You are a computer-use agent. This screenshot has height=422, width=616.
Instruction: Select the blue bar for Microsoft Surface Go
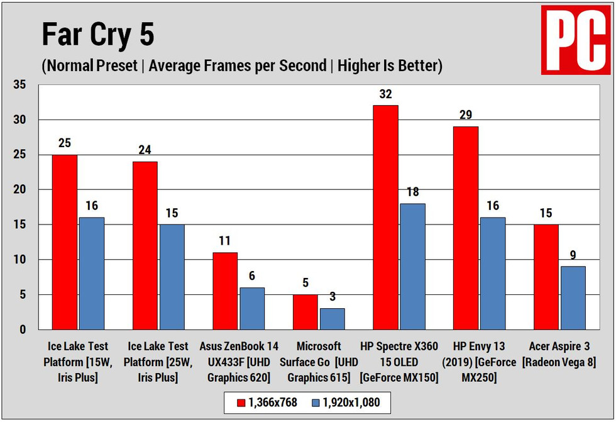pyautogui.click(x=332, y=319)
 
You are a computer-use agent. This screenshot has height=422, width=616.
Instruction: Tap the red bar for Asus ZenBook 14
pyautogui.click(x=225, y=291)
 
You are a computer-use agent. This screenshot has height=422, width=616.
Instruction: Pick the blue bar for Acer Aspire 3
pyautogui.click(x=573, y=297)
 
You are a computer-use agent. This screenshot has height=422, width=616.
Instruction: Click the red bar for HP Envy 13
pyautogui.click(x=465, y=228)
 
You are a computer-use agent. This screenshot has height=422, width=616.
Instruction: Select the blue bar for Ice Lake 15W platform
pyautogui.click(x=91, y=273)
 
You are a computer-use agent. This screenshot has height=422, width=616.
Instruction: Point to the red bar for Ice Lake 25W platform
pyautogui.click(x=145, y=245)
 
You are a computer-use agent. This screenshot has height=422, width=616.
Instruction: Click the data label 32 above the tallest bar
pyautogui.click(x=385, y=94)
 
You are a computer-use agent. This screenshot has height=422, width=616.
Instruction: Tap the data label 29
pyautogui.click(x=465, y=115)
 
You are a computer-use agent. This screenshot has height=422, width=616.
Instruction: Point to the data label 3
pyautogui.click(x=332, y=297)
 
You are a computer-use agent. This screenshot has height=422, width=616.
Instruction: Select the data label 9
pyautogui.click(x=573, y=255)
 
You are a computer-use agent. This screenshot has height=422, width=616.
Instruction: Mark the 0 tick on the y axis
pyautogui.click(x=23, y=330)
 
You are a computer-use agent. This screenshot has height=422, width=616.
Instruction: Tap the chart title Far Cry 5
pyautogui.click(x=97, y=35)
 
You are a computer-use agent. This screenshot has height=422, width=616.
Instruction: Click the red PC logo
pyautogui.click(x=576, y=41)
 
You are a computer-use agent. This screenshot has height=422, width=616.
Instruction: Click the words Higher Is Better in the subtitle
pyautogui.click(x=390, y=66)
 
